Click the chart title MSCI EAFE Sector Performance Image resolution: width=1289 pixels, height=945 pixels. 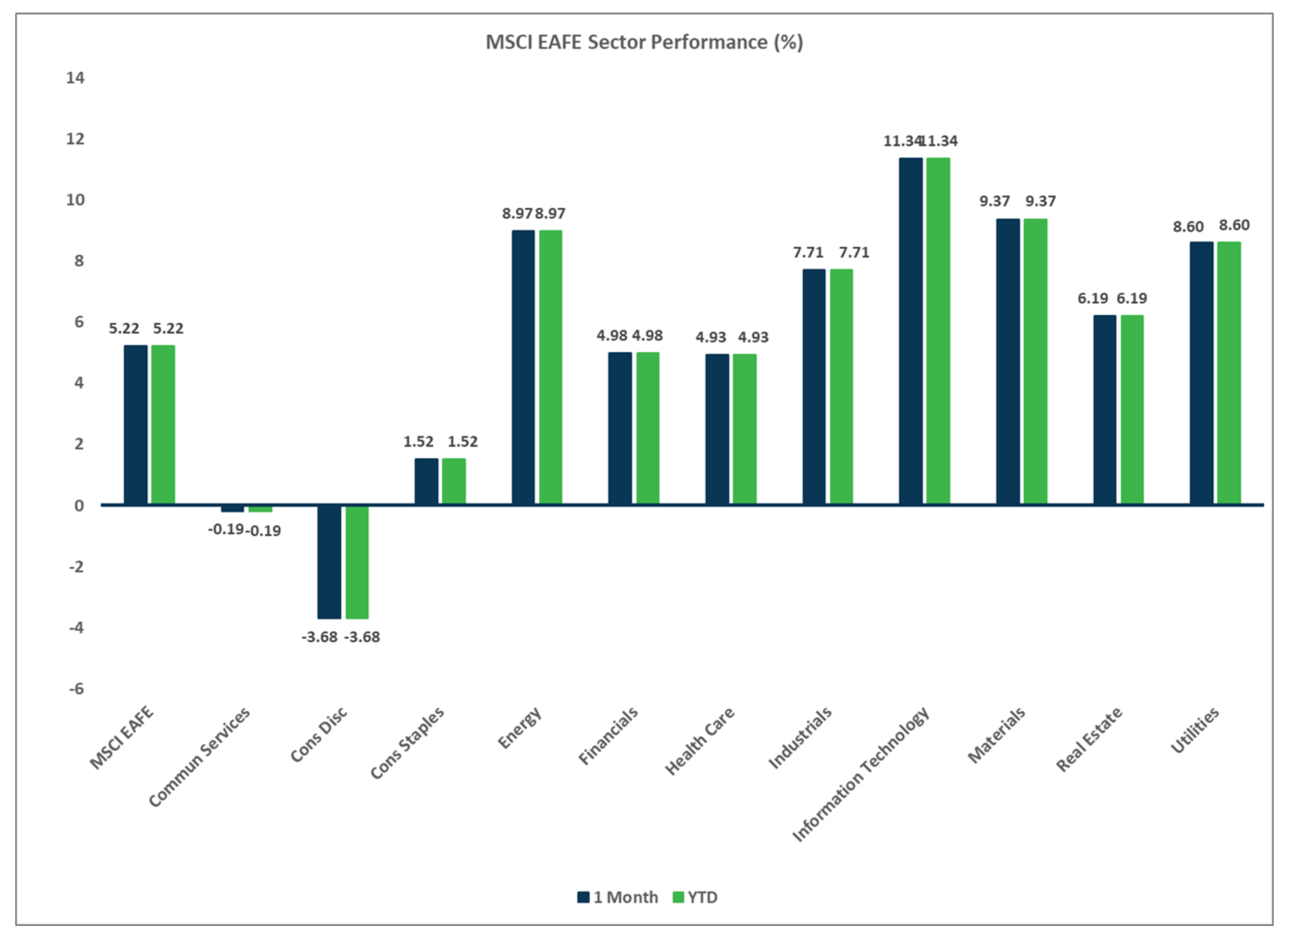(x=644, y=42)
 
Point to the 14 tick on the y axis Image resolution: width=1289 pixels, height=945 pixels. (x=75, y=78)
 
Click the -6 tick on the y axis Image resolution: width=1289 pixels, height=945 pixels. (x=76, y=688)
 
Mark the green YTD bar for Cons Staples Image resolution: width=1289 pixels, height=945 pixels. (x=453, y=481)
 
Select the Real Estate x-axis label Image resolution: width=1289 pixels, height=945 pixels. (x=1089, y=739)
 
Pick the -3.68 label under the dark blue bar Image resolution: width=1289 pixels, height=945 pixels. (x=319, y=637)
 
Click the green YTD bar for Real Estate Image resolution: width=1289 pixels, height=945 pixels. (x=1132, y=409)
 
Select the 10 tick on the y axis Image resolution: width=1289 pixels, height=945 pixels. (x=75, y=200)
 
